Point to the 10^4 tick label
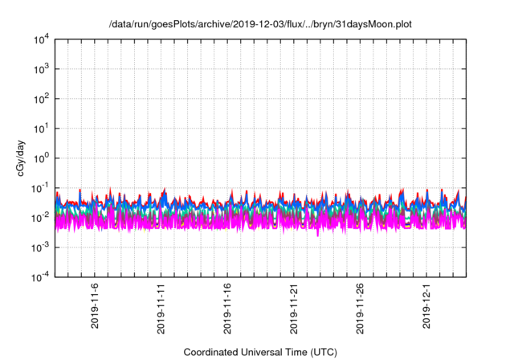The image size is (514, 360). tap(42, 39)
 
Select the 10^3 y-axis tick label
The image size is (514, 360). tap(42, 69)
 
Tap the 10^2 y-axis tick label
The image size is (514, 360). tap(42, 99)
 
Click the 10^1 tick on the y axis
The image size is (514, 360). tap(42, 129)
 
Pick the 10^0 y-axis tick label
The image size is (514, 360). tap(42, 158)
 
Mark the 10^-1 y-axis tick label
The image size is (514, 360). tap(42, 188)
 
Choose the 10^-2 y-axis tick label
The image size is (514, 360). tap(42, 218)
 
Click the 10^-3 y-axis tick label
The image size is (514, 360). tap(42, 247)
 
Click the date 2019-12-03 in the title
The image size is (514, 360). tap(232, 24)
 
